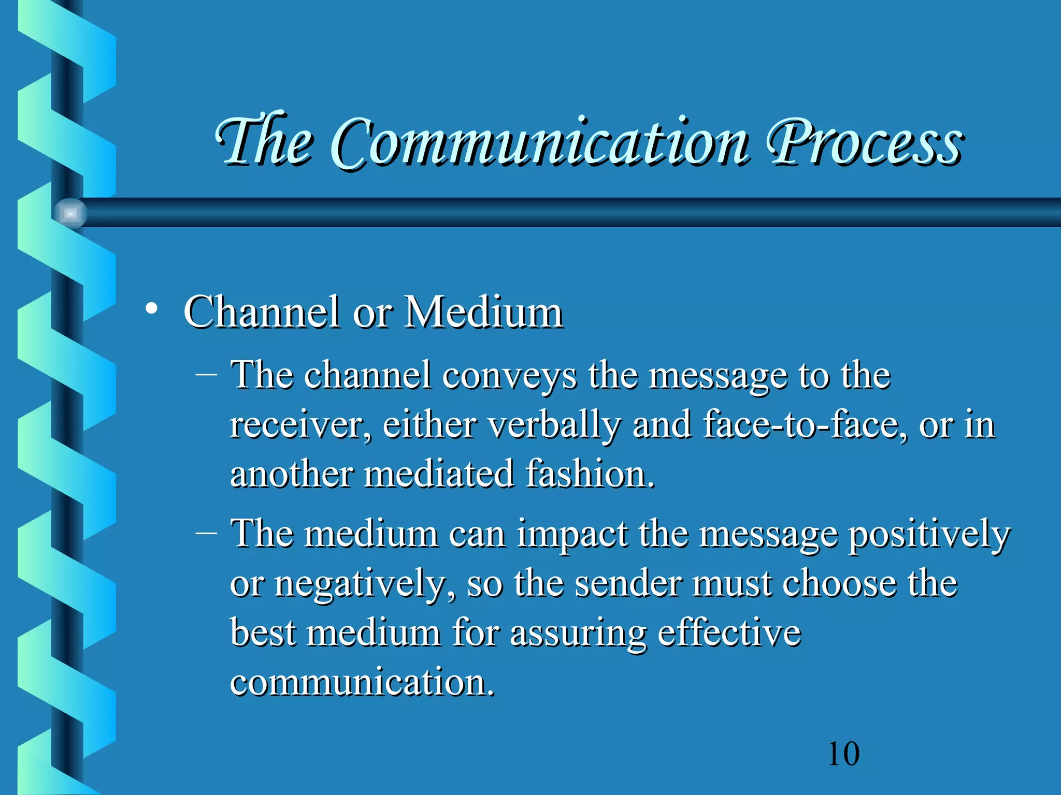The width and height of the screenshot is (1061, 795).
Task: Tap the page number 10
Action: pos(843,754)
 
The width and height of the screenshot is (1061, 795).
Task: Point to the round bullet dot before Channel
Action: pos(151,309)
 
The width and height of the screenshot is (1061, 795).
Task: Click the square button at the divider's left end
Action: pos(70,213)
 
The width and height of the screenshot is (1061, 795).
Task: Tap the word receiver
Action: pos(299,425)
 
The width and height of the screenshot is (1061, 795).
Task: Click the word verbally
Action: pos(554,425)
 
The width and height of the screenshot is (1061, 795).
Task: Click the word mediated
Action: pos(439,474)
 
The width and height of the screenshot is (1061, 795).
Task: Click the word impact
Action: pos(572,534)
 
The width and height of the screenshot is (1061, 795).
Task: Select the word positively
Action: pos(928,535)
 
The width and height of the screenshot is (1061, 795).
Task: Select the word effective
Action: pos(729,632)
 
